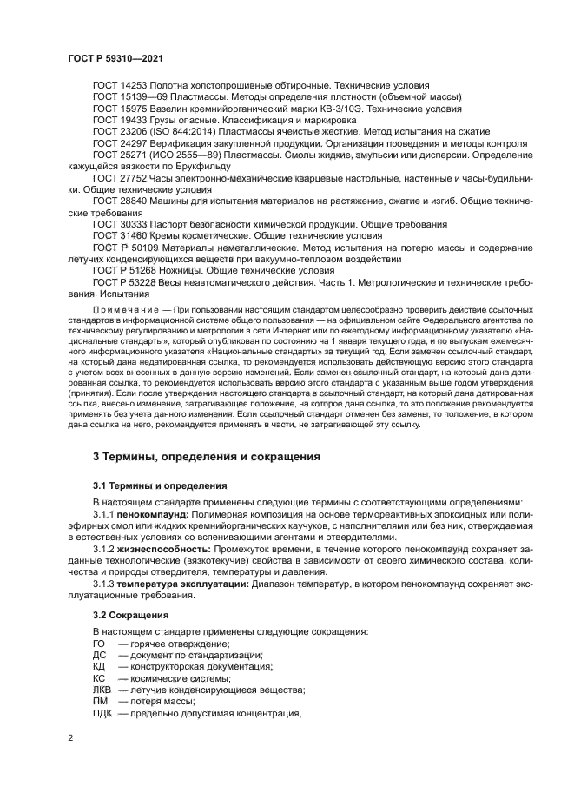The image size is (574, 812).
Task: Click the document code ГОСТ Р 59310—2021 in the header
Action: pos(115,56)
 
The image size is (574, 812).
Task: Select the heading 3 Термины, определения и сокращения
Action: pos(207,456)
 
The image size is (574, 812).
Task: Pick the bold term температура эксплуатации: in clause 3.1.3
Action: pos(183,584)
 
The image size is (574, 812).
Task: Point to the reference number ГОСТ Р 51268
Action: pos(125,270)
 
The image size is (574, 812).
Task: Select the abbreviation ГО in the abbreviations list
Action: pos(98,644)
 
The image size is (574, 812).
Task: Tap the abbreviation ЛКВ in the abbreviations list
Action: pos(102,689)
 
